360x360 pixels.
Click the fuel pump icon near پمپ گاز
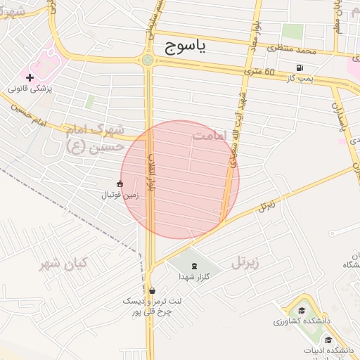coord(300,67)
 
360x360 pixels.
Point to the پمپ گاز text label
coord(300,79)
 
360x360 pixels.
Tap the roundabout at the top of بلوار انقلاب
coord(148,60)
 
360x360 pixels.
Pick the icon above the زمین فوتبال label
coord(120,184)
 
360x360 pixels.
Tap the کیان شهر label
coord(63,264)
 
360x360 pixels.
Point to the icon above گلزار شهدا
coord(194,265)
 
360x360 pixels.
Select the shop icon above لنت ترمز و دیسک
coord(152,290)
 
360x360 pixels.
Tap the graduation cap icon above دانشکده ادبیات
coord(328,340)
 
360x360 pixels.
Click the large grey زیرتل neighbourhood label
coord(245,263)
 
